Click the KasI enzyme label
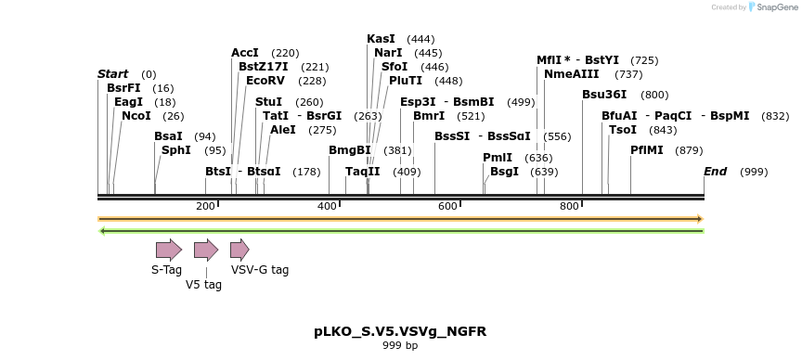[381, 39]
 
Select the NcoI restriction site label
[136, 116]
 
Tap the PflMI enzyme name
[648, 149]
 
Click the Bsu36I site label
[604, 95]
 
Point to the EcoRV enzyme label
[265, 81]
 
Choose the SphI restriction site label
[176, 149]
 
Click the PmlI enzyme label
[498, 158]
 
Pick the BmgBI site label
[349, 149]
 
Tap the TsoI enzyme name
[622, 130]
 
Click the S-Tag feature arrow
[168, 249]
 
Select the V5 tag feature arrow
[205, 249]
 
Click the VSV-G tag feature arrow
[239, 249]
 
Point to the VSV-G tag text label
[260, 270]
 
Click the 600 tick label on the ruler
[447, 206]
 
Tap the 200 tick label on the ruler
[205, 206]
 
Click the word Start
[113, 73]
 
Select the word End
[715, 172]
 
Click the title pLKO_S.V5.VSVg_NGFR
[400, 331]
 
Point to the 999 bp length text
[400, 346]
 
